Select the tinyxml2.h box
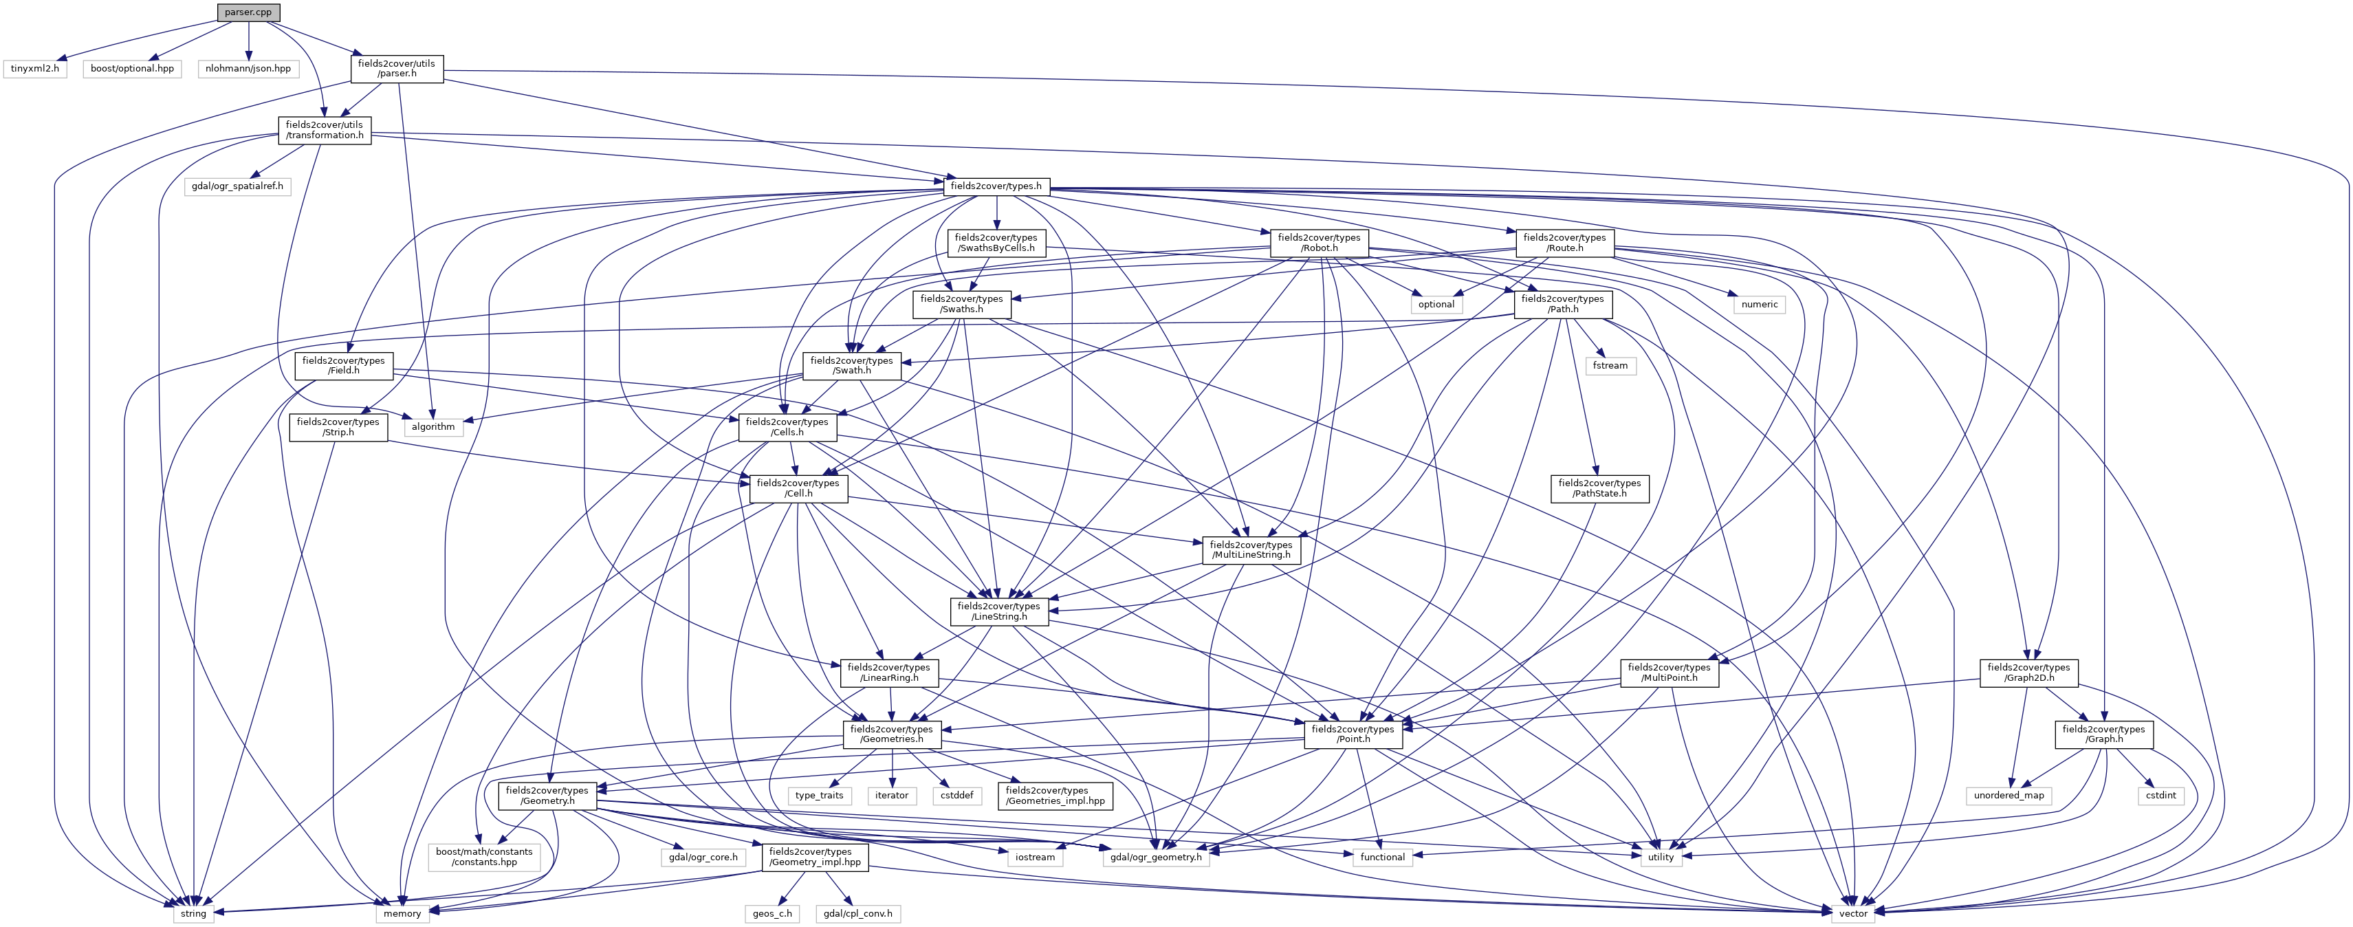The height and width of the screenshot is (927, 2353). pyautogui.click(x=34, y=69)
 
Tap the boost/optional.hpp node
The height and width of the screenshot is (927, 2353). pyautogui.click(x=133, y=69)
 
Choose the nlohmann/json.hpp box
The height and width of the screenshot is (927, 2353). pyautogui.click(x=248, y=69)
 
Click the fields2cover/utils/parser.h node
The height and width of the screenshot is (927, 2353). pyautogui.click(x=397, y=69)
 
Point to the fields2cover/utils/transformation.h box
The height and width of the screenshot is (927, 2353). pyautogui.click(x=325, y=130)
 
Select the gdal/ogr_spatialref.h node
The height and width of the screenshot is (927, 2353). pyautogui.click(x=237, y=186)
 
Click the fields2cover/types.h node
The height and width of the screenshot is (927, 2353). pyautogui.click(x=996, y=186)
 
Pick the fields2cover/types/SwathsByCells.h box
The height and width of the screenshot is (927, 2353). pyautogui.click(x=995, y=242)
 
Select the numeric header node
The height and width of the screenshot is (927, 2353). pyautogui.click(x=1760, y=304)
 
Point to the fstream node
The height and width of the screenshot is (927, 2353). pyautogui.click(x=1610, y=365)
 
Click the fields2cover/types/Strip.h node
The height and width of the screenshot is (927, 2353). pyautogui.click(x=338, y=426)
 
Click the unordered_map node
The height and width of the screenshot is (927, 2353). pyautogui.click(x=2009, y=796)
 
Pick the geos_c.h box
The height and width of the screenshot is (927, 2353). pyautogui.click(x=772, y=913)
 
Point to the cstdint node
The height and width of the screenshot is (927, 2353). pyautogui.click(x=2161, y=796)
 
